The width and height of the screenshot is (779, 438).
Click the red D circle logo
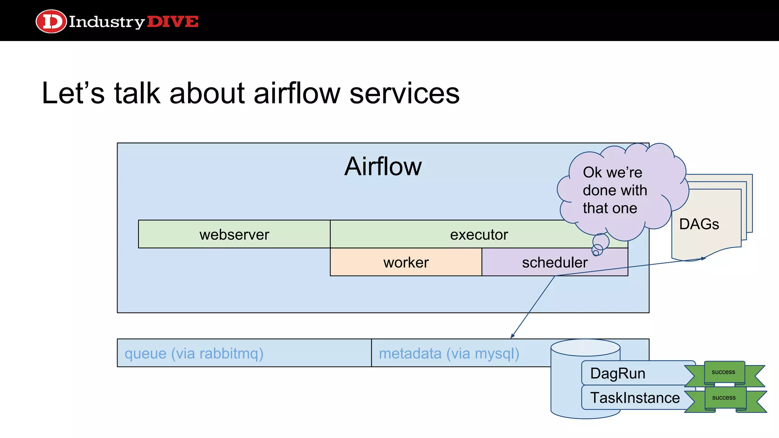(x=51, y=21)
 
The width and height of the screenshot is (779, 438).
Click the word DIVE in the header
(x=172, y=22)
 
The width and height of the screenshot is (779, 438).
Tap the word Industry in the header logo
(x=107, y=22)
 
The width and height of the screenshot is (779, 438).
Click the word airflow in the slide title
(x=297, y=93)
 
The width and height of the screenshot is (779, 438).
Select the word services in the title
(x=404, y=93)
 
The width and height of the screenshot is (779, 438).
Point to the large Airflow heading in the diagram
(x=383, y=167)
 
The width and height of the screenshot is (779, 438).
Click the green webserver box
(x=234, y=234)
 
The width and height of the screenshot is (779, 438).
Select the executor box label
(x=479, y=235)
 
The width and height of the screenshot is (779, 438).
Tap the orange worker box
(x=406, y=262)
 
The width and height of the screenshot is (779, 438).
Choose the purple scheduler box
(x=554, y=262)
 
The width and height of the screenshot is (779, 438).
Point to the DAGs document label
(x=699, y=224)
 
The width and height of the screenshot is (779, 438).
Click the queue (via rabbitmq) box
(x=194, y=353)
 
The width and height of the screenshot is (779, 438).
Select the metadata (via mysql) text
(x=449, y=353)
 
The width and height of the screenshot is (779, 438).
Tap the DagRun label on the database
(x=617, y=373)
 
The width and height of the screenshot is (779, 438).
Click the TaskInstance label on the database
(x=634, y=398)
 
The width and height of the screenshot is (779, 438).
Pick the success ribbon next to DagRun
(x=723, y=372)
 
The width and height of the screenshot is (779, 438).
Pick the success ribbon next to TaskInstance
(x=724, y=398)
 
